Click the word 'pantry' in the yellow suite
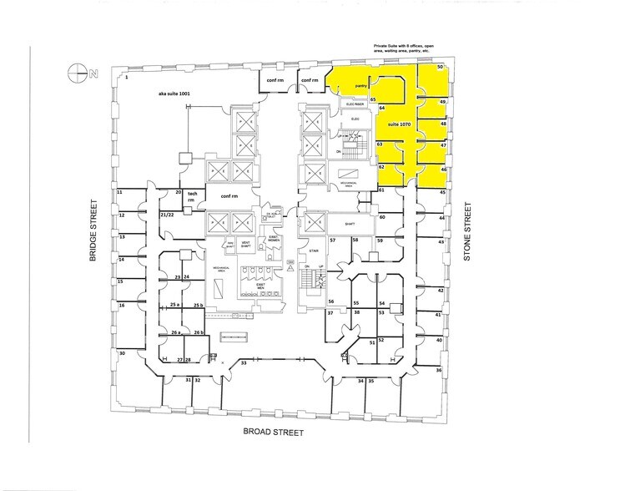pyautogui.click(x=361, y=85)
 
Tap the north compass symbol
pyautogui.click(x=82, y=73)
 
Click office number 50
pyautogui.click(x=440, y=66)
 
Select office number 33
pyautogui.click(x=244, y=363)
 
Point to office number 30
pyautogui.click(x=122, y=354)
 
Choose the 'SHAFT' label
pyautogui.click(x=340, y=223)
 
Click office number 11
pyautogui.click(x=120, y=192)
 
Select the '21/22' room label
pyautogui.click(x=166, y=214)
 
